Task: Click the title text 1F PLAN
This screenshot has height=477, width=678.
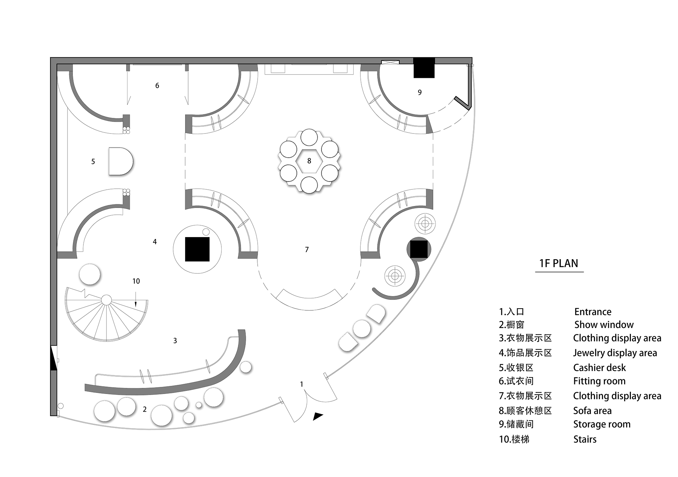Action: click(559, 263)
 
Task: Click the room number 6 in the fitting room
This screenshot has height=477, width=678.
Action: click(157, 86)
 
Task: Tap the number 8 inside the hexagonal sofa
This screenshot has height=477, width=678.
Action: click(309, 161)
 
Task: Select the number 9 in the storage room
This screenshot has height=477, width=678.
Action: click(420, 92)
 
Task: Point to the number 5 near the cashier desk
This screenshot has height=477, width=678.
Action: click(93, 162)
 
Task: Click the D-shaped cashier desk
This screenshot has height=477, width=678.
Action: click(121, 161)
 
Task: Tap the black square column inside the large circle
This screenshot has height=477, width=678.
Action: click(197, 249)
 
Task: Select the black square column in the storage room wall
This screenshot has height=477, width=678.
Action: click(424, 68)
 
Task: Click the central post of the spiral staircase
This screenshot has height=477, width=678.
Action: click(106, 300)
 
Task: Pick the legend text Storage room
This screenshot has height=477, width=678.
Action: click(602, 424)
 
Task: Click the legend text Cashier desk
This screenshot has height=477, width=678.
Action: click(599, 368)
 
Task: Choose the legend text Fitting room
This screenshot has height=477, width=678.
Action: click(599, 381)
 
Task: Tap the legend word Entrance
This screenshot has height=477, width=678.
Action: click(593, 312)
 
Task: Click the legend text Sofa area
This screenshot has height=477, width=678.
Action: click(592, 411)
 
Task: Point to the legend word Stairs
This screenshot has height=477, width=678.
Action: click(585, 439)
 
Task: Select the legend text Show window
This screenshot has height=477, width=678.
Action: click(604, 325)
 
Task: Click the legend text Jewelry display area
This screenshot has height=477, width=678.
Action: click(615, 353)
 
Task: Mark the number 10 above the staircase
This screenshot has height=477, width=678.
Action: click(136, 281)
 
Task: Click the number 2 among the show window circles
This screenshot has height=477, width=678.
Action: click(145, 409)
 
